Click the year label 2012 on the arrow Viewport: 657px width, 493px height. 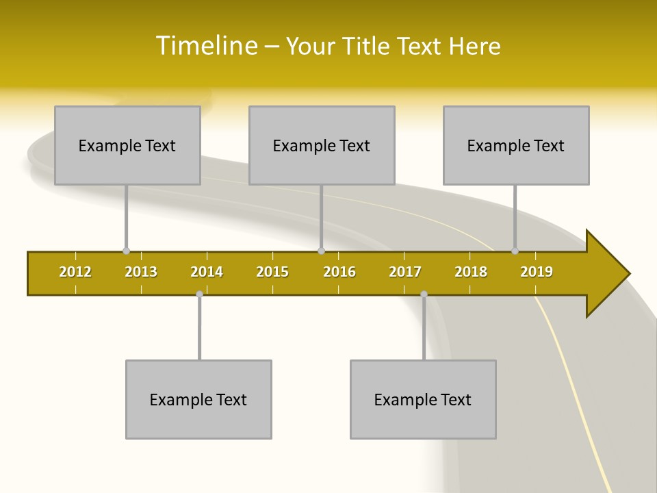(x=75, y=272)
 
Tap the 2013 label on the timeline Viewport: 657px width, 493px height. (x=141, y=272)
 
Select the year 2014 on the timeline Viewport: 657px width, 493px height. (x=207, y=272)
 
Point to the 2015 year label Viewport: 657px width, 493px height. (x=272, y=272)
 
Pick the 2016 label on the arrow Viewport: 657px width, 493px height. (x=339, y=272)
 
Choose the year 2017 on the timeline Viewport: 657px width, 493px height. (x=405, y=272)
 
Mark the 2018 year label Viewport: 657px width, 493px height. (x=471, y=272)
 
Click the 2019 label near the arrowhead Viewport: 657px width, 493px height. (x=537, y=272)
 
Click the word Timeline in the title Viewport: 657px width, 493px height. (x=206, y=46)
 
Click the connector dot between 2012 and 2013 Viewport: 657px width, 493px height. (x=126, y=251)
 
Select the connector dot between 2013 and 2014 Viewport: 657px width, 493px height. (x=199, y=294)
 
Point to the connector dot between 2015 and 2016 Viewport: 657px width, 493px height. (x=321, y=251)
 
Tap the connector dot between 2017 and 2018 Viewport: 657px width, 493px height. (x=424, y=294)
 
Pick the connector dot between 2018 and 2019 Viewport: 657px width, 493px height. (x=515, y=251)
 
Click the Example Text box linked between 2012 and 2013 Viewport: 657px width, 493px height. (x=127, y=145)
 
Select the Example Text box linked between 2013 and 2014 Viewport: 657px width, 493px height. (x=198, y=399)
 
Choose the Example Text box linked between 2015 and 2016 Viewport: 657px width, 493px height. (x=322, y=145)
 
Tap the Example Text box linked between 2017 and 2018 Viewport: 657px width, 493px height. (x=423, y=399)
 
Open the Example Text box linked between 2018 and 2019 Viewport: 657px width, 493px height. (x=516, y=145)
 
